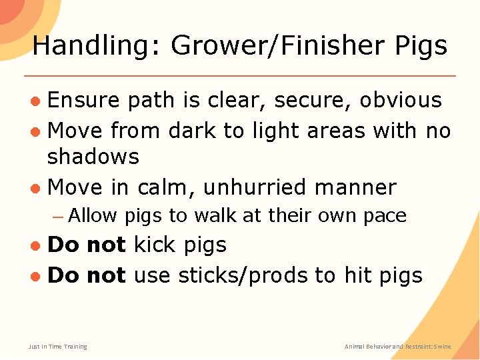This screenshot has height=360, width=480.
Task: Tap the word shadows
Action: (x=93, y=157)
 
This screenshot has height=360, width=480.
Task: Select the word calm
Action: (x=166, y=187)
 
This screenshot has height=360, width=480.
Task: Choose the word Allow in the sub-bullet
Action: (x=92, y=215)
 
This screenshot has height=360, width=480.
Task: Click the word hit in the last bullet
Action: (x=357, y=275)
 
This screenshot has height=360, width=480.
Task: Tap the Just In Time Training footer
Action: (x=57, y=346)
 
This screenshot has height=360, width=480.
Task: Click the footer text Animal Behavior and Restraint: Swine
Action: (x=397, y=346)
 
